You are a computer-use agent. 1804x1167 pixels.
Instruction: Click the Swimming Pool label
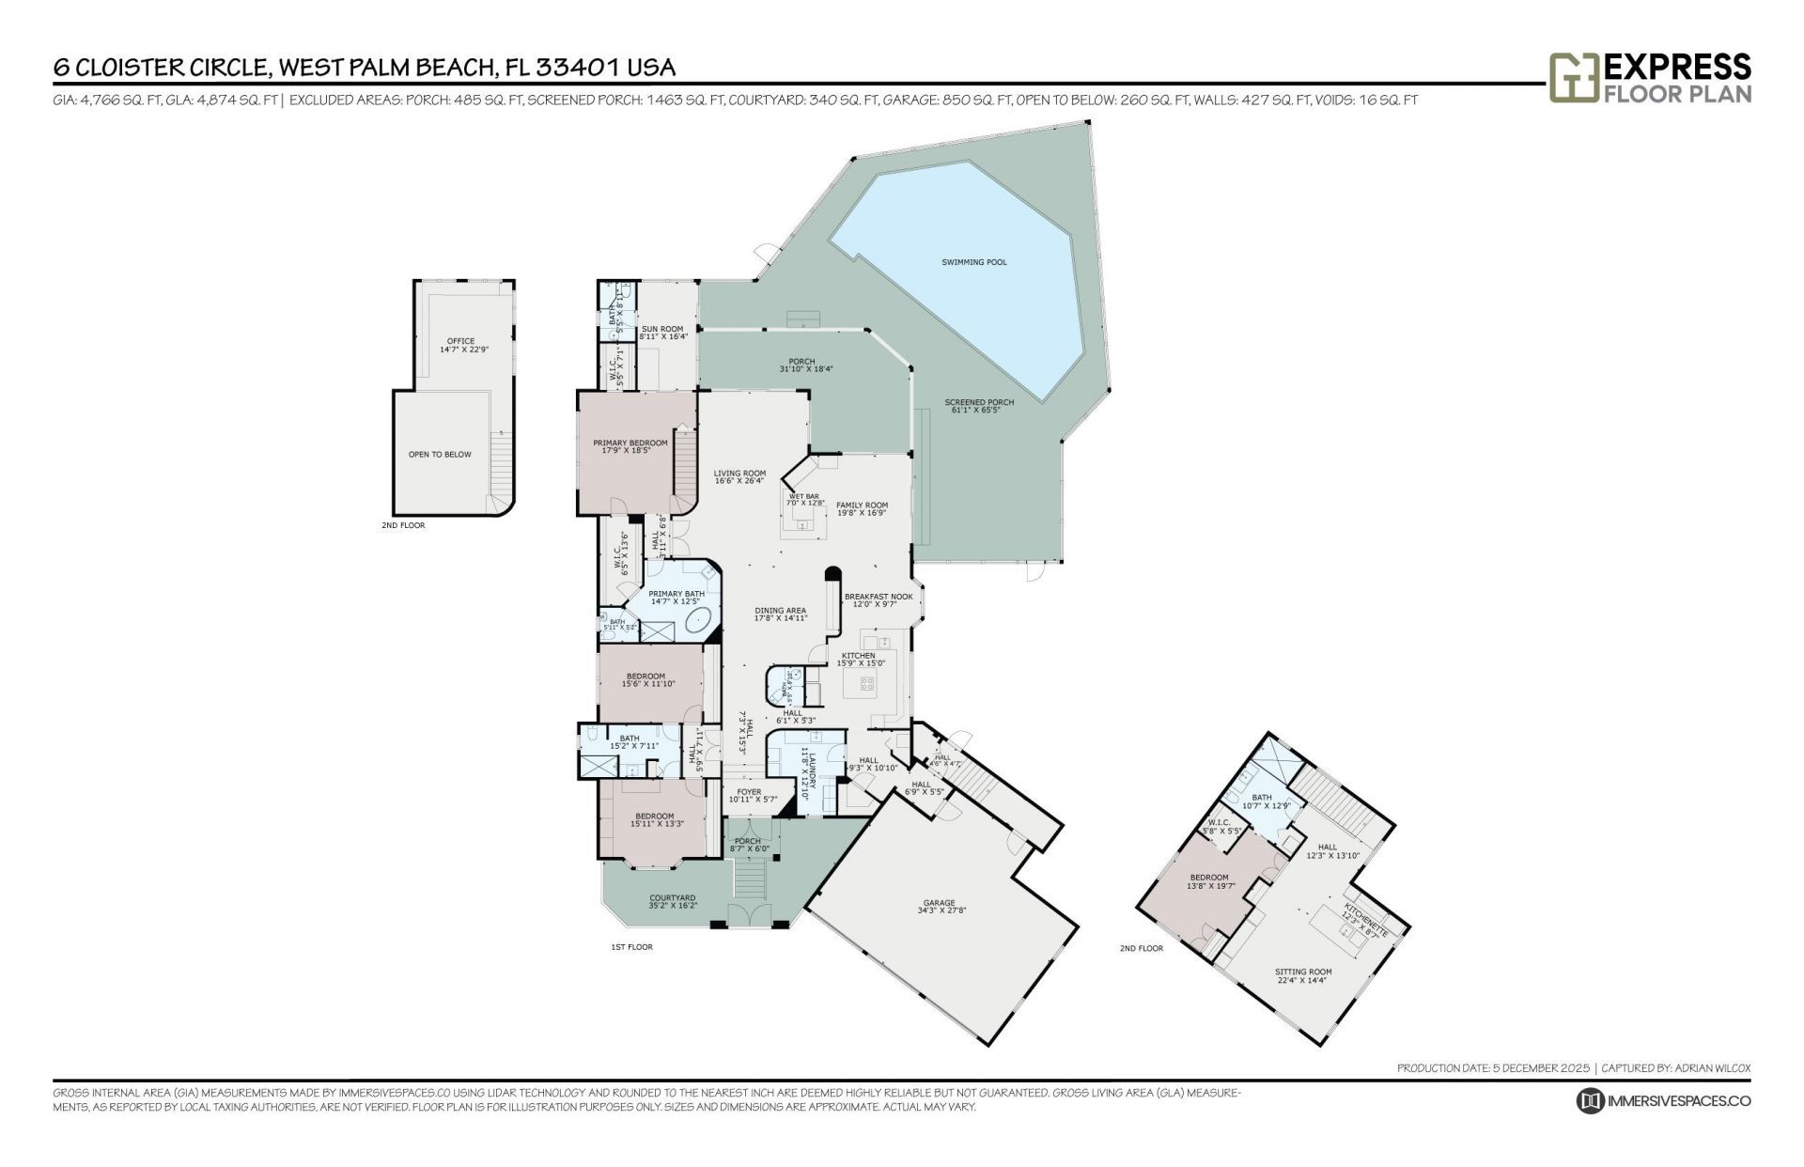(973, 262)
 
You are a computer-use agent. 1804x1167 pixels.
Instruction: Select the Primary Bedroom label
(630, 443)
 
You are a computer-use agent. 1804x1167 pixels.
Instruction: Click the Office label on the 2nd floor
(460, 341)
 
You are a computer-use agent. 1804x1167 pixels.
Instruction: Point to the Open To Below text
(440, 455)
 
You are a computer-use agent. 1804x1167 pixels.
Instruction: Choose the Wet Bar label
(803, 496)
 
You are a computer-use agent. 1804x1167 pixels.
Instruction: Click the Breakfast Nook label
(878, 597)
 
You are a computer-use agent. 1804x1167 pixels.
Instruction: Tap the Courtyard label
(672, 898)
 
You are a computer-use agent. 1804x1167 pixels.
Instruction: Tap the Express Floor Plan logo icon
(1574, 77)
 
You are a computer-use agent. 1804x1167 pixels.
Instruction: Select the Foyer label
(749, 792)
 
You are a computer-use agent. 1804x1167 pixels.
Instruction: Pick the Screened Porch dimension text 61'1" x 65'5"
(979, 411)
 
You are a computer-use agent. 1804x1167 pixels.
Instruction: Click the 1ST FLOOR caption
(631, 947)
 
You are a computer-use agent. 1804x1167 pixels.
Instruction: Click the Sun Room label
(662, 329)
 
